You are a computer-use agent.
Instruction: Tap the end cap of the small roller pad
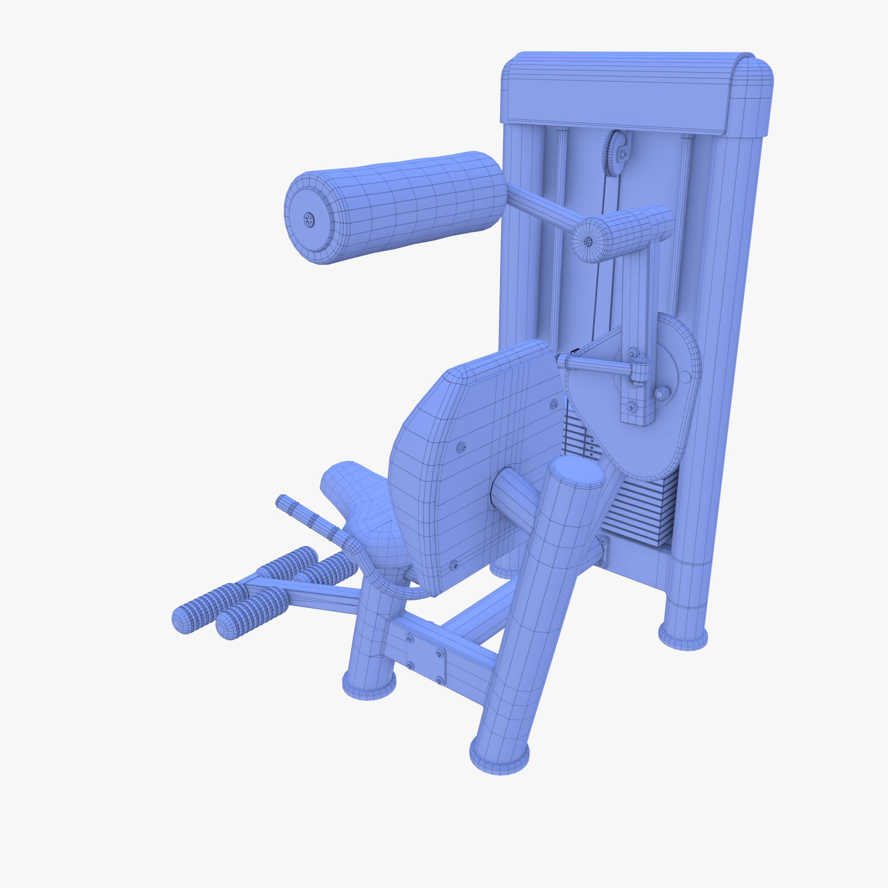click(x=588, y=241)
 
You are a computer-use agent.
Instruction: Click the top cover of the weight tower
click(x=634, y=92)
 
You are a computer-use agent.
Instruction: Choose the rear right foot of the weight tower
click(x=682, y=636)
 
